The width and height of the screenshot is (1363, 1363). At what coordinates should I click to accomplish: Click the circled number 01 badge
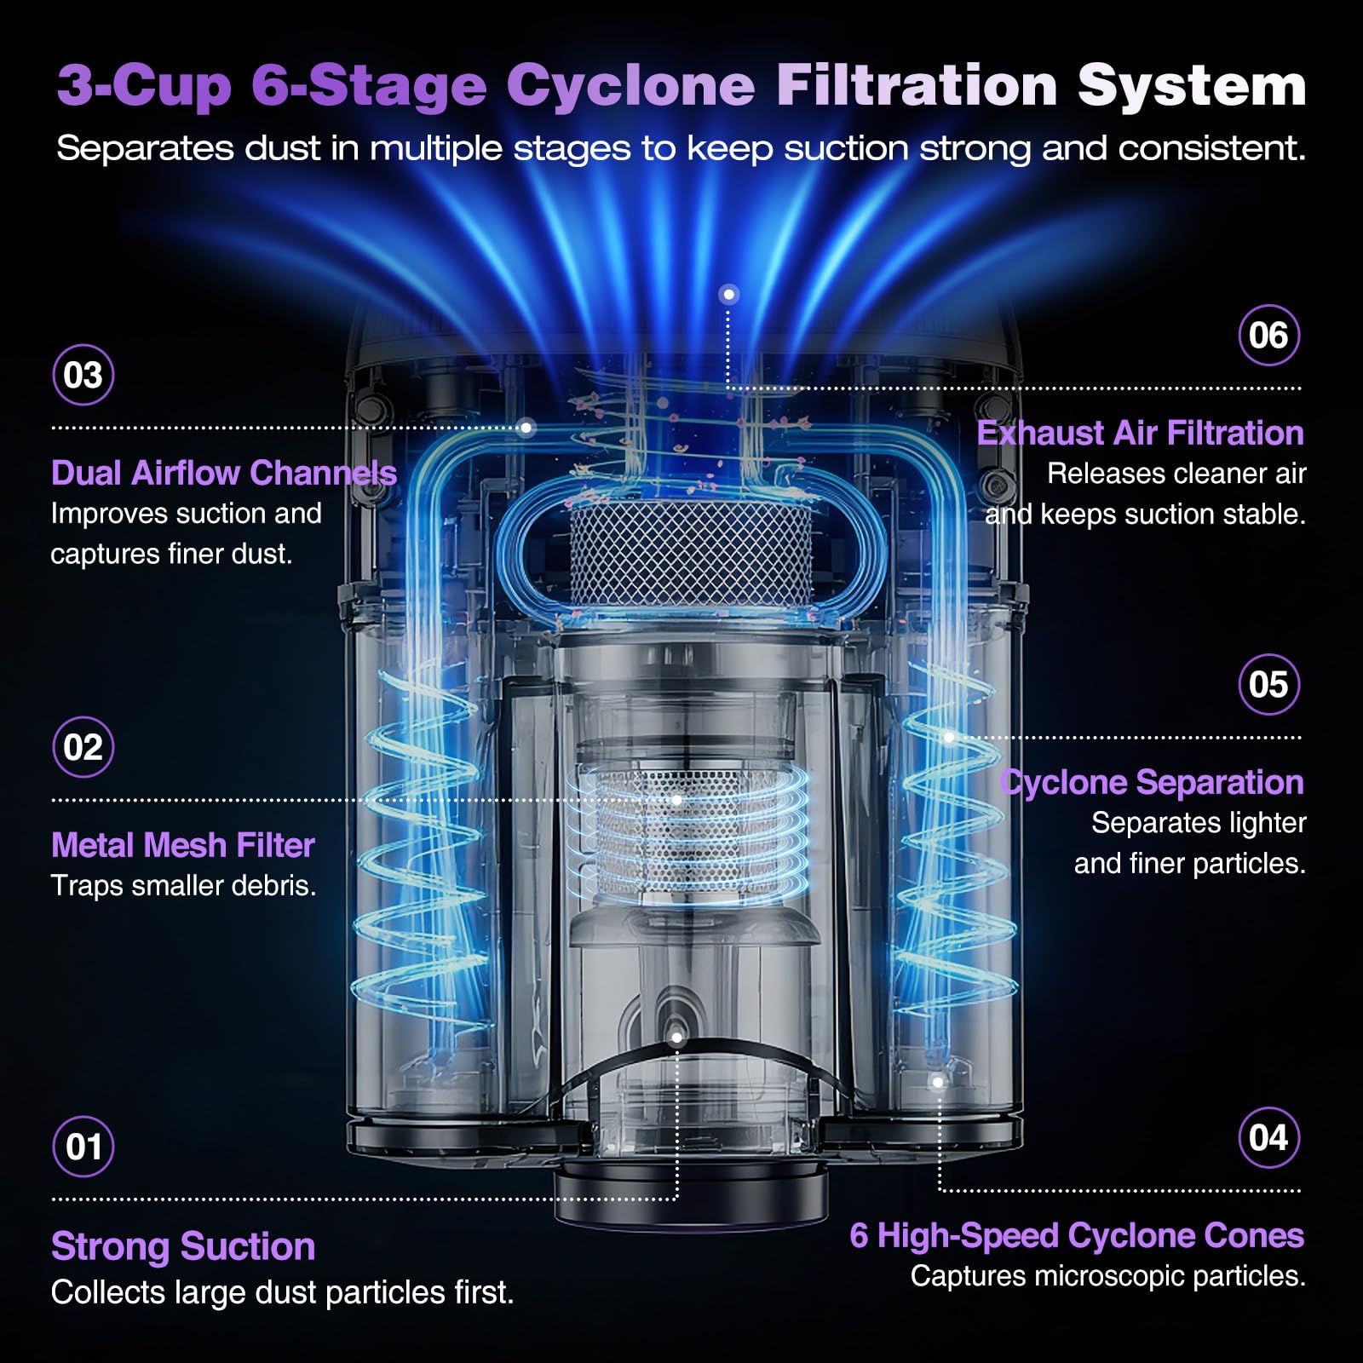tap(83, 1146)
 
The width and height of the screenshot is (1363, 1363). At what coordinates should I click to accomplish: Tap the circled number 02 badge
tap(83, 747)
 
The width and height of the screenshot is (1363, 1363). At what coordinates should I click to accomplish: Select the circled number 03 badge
tap(83, 375)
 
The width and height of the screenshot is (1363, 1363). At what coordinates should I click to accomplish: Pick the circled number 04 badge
tap(1268, 1137)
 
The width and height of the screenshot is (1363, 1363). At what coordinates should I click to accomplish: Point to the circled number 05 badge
tap(1268, 684)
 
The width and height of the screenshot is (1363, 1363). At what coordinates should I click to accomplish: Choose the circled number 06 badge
tap(1268, 335)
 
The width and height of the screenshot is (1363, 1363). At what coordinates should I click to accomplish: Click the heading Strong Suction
tap(183, 1247)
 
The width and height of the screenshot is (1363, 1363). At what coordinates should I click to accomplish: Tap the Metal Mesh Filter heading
tap(183, 845)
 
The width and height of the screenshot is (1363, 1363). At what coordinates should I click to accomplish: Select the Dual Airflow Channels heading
tap(224, 473)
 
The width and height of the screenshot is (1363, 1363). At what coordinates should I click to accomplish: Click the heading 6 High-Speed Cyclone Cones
tap(1077, 1235)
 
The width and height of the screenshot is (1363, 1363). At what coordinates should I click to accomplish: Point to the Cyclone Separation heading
tap(1152, 782)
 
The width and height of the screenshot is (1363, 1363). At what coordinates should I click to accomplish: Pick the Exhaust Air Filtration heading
tap(1141, 433)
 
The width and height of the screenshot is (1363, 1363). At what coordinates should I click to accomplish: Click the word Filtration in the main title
tap(917, 86)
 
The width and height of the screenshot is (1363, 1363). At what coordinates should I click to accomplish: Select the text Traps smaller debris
tap(183, 886)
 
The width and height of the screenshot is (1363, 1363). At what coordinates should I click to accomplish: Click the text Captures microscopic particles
tap(1107, 1276)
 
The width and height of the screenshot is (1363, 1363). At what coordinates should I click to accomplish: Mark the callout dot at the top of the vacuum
tap(728, 295)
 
